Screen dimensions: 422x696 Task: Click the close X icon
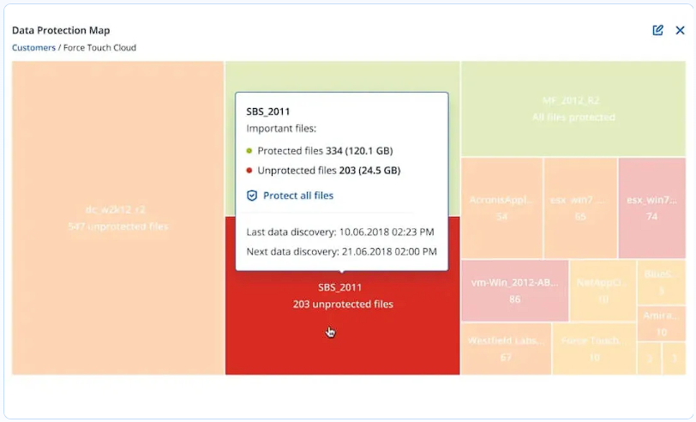click(680, 30)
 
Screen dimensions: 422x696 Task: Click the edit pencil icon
click(657, 30)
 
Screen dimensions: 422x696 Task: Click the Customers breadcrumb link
click(33, 48)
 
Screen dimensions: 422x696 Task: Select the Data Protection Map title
click(61, 31)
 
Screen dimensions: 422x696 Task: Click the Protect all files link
click(298, 196)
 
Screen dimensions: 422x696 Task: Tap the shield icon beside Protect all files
click(252, 196)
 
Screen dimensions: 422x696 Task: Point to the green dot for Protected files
click(249, 151)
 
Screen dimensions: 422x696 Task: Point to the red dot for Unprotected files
click(249, 171)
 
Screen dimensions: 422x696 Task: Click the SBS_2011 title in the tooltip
click(268, 112)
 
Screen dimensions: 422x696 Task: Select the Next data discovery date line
click(341, 251)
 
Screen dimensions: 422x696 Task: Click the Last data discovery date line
click(340, 232)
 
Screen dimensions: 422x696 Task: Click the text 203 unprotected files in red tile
click(343, 304)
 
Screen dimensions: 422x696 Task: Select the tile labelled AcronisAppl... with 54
click(501, 208)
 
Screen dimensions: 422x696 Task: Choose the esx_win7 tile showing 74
click(651, 208)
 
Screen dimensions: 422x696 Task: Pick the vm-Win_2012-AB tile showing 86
click(514, 290)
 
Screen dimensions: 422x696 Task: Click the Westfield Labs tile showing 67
click(506, 348)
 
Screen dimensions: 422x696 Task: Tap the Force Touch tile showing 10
click(593, 348)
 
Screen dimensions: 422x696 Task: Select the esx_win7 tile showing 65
click(580, 208)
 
